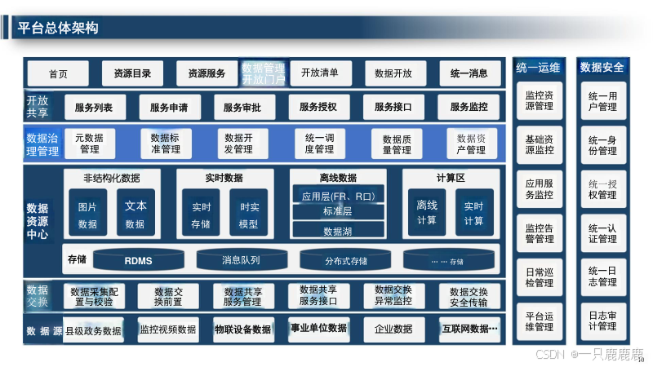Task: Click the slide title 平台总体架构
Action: point(58,28)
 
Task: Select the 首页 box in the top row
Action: point(58,73)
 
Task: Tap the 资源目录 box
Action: point(131,73)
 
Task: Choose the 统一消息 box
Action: point(469,73)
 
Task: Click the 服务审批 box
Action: point(242,107)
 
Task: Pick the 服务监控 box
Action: point(469,107)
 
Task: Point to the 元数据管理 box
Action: point(89,144)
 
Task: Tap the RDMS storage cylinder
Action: point(138,261)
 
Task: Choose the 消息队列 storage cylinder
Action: point(241,260)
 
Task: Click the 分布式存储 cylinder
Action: point(345,261)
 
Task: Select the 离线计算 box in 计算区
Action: point(427,213)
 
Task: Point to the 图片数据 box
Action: point(87,214)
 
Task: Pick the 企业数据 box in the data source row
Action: point(393,329)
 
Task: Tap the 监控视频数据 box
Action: point(168,329)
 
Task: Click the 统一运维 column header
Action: point(539,68)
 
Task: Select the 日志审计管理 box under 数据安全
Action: point(602,320)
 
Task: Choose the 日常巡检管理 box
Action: point(539,276)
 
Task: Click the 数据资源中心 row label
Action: point(38,221)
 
